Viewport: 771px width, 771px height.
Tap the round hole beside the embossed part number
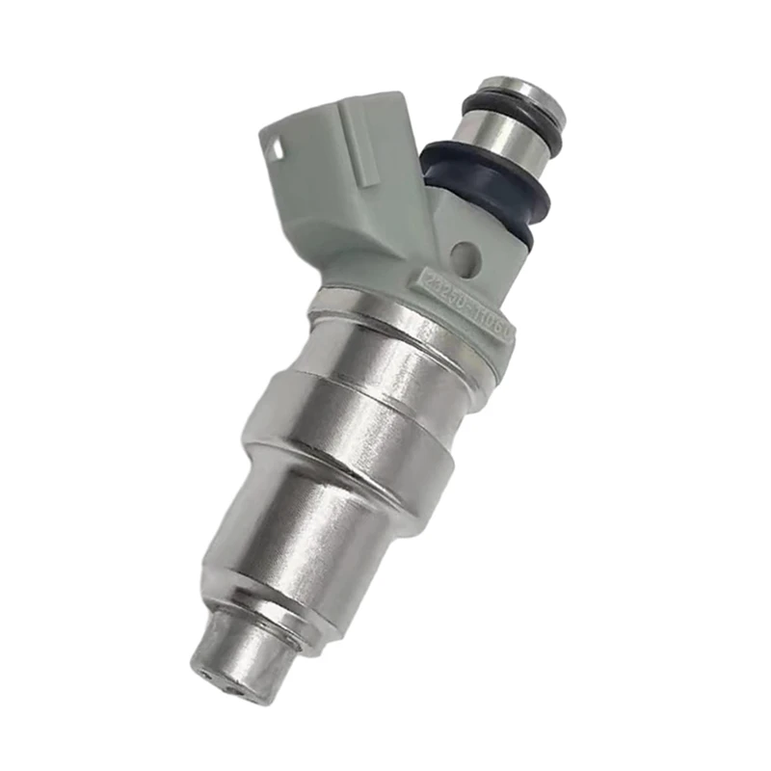(x=467, y=253)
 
